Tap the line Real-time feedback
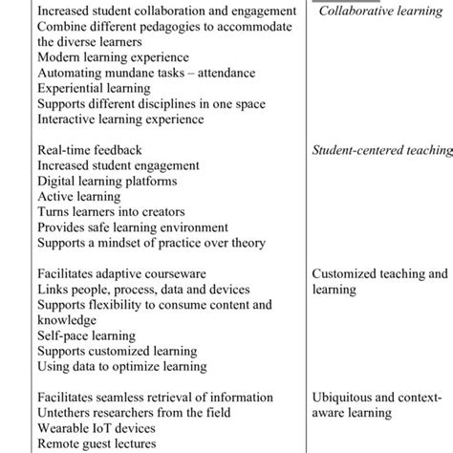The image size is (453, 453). tap(89, 150)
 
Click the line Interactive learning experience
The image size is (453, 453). tap(120, 119)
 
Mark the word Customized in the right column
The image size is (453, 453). tap(348, 273)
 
